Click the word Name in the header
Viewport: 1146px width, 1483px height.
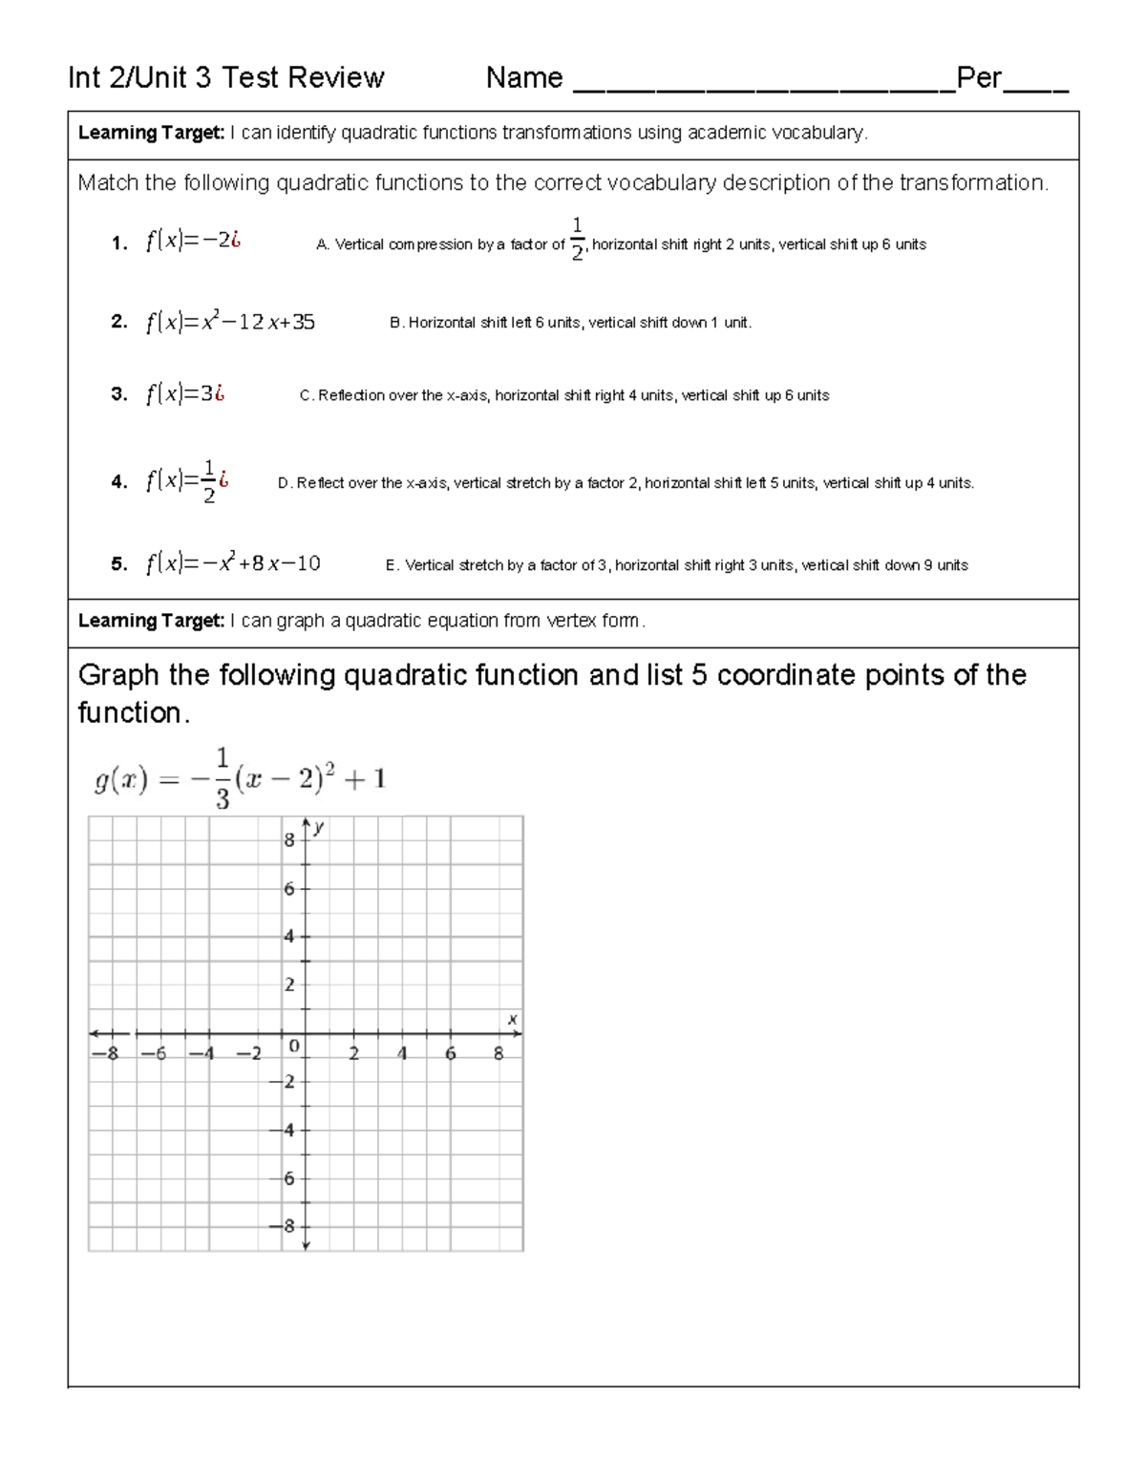click(x=523, y=78)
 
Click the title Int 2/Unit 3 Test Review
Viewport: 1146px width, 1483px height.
click(x=226, y=78)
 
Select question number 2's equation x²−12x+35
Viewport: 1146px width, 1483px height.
click(x=230, y=323)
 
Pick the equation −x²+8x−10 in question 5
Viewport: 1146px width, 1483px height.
click(x=233, y=564)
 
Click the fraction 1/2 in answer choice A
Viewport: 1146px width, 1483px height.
click(x=577, y=239)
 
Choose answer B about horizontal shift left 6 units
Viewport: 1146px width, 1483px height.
click(x=570, y=323)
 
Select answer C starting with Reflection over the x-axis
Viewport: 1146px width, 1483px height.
click(x=563, y=395)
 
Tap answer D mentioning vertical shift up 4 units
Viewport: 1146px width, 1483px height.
click(x=626, y=483)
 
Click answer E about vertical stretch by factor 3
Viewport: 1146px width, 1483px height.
click(x=676, y=565)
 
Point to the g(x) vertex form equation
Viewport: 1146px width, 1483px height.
click(x=240, y=779)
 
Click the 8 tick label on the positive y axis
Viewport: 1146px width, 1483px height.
click(x=289, y=840)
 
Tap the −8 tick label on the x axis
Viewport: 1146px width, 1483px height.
click(x=102, y=1054)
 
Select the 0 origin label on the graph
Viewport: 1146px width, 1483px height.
click(x=294, y=1047)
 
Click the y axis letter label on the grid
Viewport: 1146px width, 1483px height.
click(x=320, y=827)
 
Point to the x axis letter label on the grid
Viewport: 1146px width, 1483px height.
click(x=512, y=1020)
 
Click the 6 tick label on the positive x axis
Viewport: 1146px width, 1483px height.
click(x=451, y=1054)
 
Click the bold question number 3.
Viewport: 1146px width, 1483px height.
click(x=118, y=395)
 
